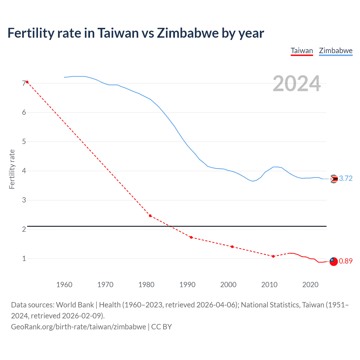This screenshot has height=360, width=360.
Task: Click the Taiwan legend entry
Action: coord(301,51)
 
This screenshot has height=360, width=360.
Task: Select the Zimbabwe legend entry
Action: coord(336,51)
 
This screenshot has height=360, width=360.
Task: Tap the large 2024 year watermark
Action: coord(297,84)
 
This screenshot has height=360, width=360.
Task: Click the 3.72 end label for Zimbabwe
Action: coord(346,179)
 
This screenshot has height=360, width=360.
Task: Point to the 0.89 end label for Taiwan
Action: coord(346,261)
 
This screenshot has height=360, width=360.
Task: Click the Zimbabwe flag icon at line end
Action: coord(334,179)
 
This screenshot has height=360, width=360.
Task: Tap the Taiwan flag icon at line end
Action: coord(333,261)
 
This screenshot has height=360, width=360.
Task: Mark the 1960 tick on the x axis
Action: coord(64,285)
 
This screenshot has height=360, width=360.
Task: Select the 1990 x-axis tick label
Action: coord(187,285)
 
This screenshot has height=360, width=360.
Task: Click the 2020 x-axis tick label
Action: coord(310,285)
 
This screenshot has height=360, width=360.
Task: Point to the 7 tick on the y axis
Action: coord(24,83)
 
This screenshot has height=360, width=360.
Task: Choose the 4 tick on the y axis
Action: coord(24,171)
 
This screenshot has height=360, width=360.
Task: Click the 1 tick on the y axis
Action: coord(24,258)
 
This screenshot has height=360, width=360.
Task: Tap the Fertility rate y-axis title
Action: coord(12,169)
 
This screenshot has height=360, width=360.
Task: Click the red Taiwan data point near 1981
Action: coord(150,216)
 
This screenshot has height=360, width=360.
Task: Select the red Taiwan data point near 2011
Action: coord(273,256)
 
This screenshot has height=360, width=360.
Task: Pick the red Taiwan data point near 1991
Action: coord(191,237)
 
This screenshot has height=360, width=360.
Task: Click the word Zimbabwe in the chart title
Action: coord(188,33)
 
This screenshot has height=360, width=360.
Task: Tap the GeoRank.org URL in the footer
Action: coord(78,327)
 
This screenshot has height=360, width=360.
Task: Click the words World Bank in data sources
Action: coord(75,305)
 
